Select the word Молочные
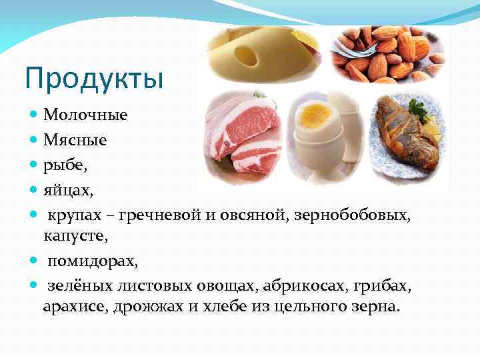[85, 115]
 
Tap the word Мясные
[75, 141]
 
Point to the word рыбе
[63, 166]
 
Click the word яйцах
[69, 191]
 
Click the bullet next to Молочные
[35, 115]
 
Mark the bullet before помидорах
[35, 261]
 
